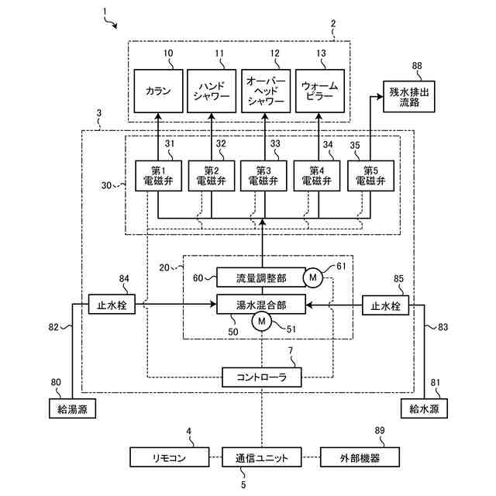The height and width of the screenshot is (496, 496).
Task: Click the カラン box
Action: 158,91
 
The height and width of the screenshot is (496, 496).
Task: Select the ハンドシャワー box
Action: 212,91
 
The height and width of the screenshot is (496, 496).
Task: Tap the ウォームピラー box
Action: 320,91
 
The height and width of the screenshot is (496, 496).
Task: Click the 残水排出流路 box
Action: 409,96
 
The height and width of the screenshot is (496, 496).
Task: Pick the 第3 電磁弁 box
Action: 263,176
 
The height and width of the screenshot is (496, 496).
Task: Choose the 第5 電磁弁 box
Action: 370,176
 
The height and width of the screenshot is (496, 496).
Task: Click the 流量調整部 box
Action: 261,277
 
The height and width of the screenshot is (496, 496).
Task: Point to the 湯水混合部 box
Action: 261,305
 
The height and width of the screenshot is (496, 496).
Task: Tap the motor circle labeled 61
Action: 312,277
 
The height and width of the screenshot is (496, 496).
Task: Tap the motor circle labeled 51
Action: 262,322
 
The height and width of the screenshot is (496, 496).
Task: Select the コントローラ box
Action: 262,377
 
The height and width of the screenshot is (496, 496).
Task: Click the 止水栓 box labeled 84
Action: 112,305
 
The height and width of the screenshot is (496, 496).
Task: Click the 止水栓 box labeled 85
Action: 385,305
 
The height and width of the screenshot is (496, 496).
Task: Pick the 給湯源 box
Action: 72,408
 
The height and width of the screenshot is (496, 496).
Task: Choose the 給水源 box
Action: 424,408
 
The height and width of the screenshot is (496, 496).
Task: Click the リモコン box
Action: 170,457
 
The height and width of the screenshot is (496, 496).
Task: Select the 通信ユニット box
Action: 262,457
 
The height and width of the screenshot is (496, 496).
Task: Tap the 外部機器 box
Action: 360,457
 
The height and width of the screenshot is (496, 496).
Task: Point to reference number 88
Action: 417,66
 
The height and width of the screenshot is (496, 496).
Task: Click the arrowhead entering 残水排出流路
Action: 380,96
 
